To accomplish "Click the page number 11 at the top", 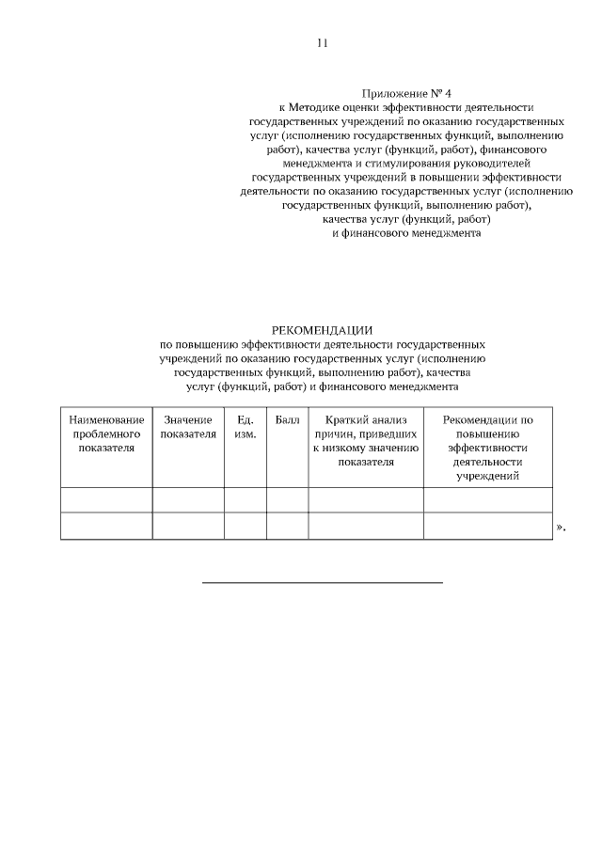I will click(322, 43).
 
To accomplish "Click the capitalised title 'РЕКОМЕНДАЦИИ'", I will click(322, 330).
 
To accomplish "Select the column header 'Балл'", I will click(287, 419).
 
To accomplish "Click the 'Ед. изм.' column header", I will click(245, 427).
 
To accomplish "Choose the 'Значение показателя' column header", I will click(188, 427).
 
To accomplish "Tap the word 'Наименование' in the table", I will click(106, 419).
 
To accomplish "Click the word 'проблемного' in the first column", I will click(106, 433).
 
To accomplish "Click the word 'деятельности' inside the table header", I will click(487, 462).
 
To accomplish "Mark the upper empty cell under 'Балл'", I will click(287, 500).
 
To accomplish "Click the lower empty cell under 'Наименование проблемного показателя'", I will click(106, 526).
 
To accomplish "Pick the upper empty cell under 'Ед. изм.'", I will click(245, 500).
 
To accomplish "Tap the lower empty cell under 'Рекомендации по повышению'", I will click(487, 526).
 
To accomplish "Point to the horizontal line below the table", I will click(323, 583).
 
